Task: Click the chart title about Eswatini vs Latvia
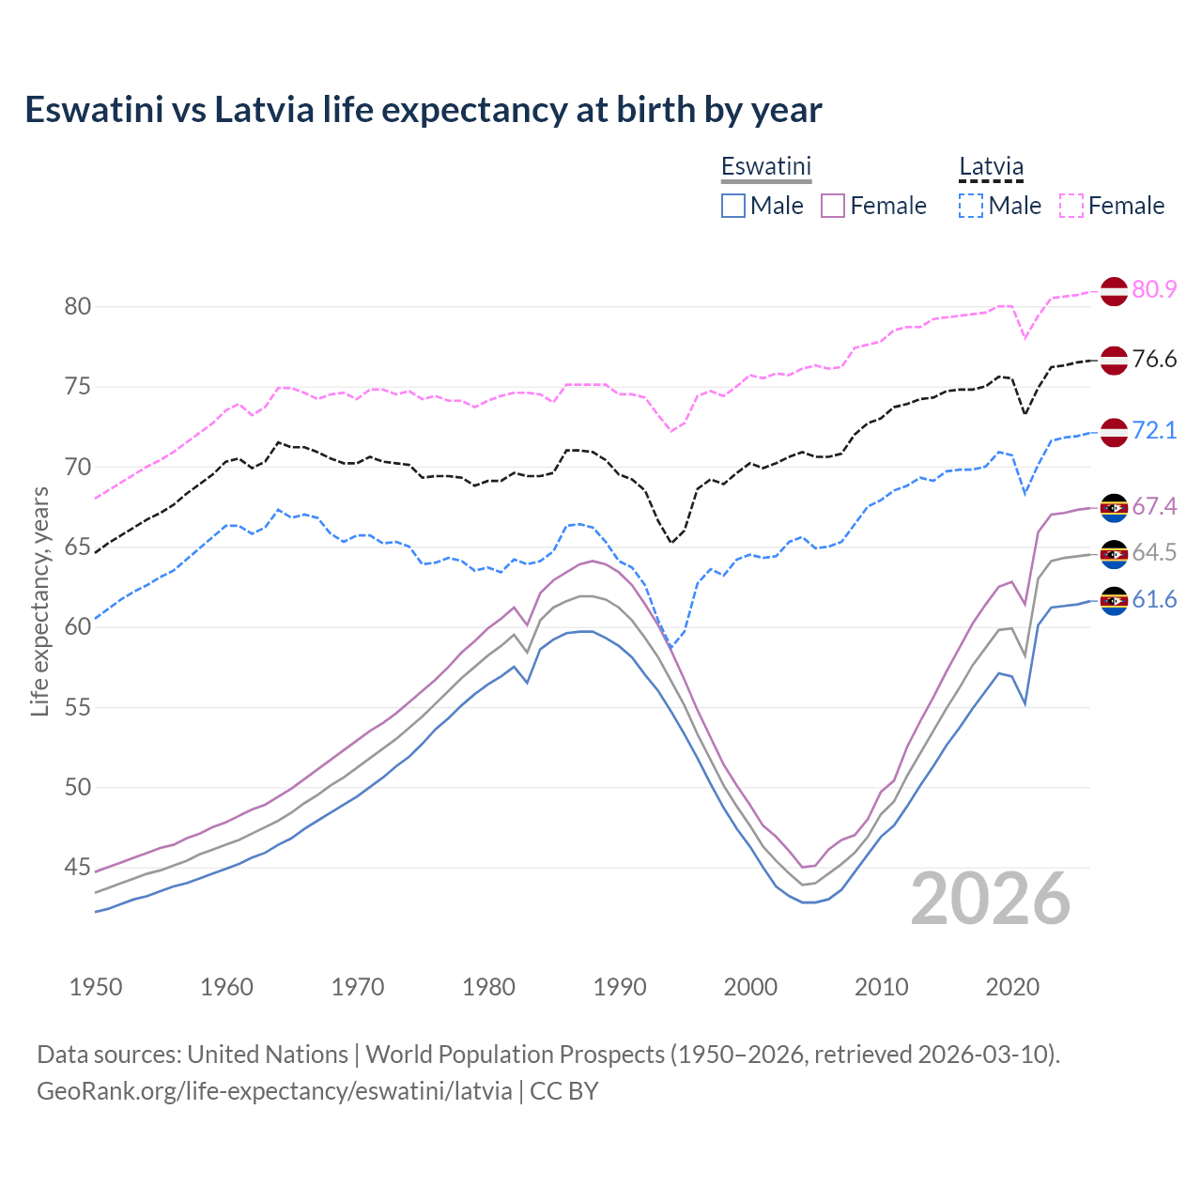point(423,110)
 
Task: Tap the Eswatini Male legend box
point(733,206)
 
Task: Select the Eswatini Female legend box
point(833,206)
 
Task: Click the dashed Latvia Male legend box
point(971,206)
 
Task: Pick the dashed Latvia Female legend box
point(1071,206)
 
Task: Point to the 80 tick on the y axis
point(78,307)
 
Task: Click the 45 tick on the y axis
point(78,868)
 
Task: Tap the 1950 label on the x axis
point(96,987)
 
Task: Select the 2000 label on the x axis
point(750,987)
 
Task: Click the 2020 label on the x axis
point(1012,987)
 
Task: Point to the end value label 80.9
point(1154,290)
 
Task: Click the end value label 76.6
point(1154,360)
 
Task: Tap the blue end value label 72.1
point(1154,431)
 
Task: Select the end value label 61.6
point(1154,600)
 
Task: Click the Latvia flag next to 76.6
point(1114,360)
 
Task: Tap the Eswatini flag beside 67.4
point(1114,507)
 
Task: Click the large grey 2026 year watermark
point(991,899)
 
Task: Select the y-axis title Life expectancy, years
point(39,601)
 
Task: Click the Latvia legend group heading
point(991,167)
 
